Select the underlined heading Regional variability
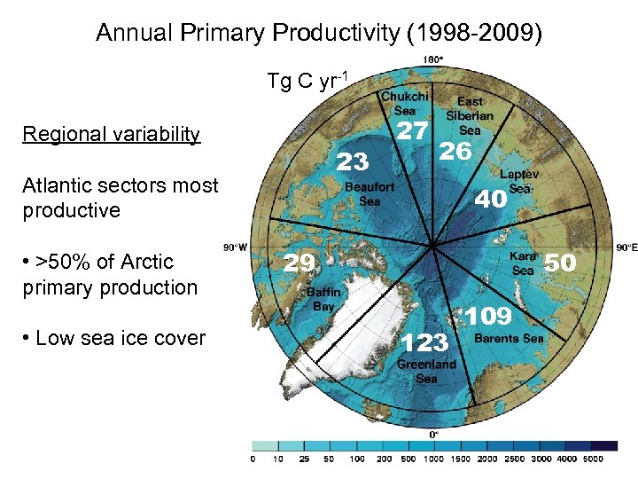(x=112, y=135)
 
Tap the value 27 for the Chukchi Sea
(x=411, y=131)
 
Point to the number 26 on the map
(x=455, y=152)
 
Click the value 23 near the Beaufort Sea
(x=353, y=161)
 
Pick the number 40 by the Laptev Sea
(x=491, y=200)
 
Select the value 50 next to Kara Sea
(x=559, y=262)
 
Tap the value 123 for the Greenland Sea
(x=424, y=342)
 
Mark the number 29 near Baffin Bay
(x=299, y=262)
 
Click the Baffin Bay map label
(x=323, y=298)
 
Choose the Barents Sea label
(x=509, y=338)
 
